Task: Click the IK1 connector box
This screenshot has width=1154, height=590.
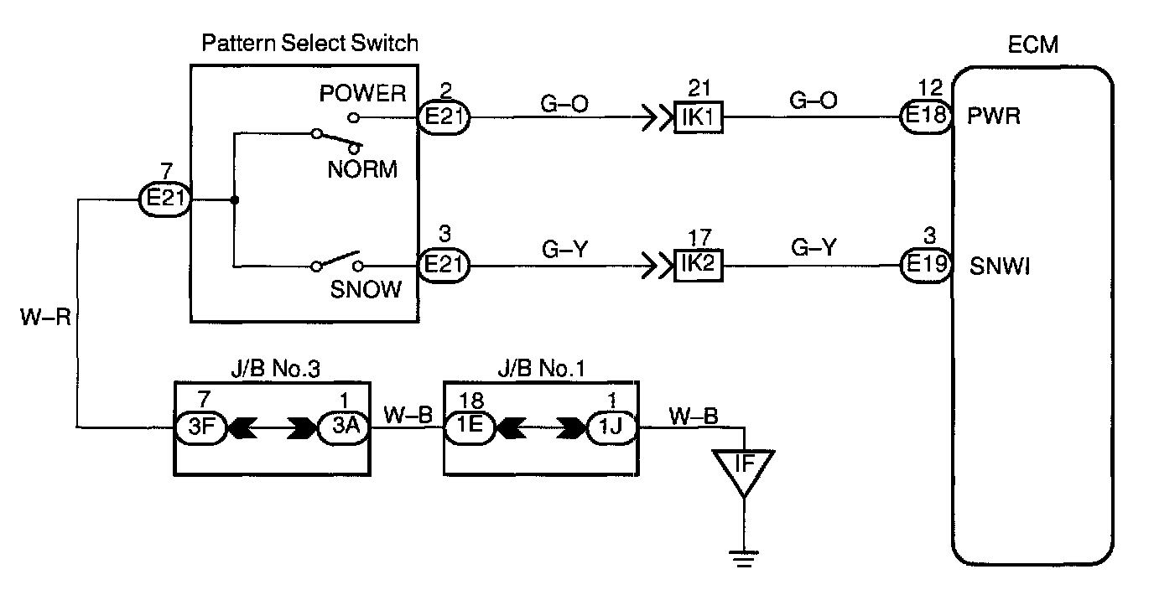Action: point(698,117)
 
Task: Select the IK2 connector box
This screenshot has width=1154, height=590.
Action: point(698,267)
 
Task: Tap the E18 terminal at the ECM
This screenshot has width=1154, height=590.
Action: point(925,117)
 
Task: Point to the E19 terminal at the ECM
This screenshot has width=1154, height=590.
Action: point(925,267)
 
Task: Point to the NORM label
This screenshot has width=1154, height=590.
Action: point(361,168)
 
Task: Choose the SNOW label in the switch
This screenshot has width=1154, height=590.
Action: point(365,289)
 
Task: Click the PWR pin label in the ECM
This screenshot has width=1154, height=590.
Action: point(993,116)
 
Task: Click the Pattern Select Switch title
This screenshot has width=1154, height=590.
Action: point(309,43)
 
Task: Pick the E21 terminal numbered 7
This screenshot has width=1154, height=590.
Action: point(164,201)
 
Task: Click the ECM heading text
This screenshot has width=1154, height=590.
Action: point(1033,45)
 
